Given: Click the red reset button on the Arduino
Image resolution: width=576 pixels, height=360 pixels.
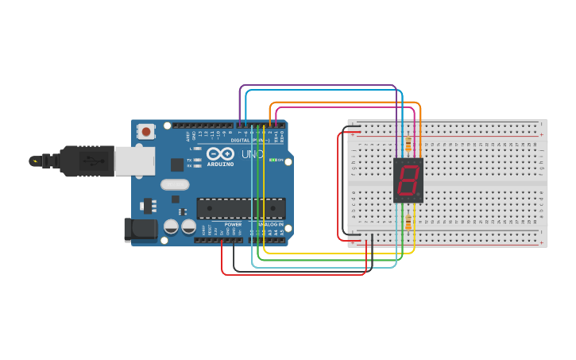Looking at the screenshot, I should click(x=146, y=131).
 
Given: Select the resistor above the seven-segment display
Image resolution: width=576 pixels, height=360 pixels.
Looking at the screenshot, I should click(x=408, y=145).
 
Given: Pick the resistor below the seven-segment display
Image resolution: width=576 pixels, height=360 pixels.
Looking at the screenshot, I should click(x=408, y=222).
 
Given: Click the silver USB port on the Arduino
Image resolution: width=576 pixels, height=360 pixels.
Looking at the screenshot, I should click(x=133, y=161).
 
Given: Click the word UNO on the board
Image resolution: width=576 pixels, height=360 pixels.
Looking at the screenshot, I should click(x=252, y=153).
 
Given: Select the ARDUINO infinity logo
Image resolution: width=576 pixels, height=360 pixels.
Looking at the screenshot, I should click(x=220, y=153).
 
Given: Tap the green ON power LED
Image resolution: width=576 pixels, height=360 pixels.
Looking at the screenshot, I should click(x=273, y=161).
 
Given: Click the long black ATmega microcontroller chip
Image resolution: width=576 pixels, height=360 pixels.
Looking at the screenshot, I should click(x=241, y=208).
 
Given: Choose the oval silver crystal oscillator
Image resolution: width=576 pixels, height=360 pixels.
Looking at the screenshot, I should click(x=175, y=184).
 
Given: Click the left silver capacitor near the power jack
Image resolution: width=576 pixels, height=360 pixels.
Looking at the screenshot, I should click(x=171, y=226).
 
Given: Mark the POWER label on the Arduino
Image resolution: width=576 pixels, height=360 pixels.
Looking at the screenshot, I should click(x=233, y=224).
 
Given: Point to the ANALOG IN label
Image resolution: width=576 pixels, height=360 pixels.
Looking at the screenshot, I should click(x=270, y=224).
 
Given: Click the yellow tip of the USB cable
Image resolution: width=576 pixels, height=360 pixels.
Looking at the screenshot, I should click(x=34, y=161).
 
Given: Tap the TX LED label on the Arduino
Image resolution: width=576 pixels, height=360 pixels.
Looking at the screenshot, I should click(x=189, y=160).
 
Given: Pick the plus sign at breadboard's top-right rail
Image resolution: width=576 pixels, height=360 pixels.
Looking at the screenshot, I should click(x=542, y=134).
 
